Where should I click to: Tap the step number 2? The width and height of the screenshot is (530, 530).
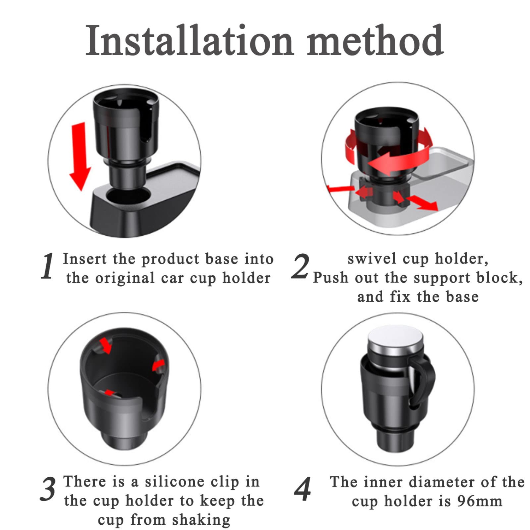pos(301,267)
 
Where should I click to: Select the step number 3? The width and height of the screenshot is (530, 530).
pos(48,489)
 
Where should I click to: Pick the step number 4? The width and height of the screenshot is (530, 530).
pos(302,489)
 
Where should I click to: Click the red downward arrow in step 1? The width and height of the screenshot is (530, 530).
pos(80,155)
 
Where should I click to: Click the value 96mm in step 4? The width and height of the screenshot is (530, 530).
pos(479,501)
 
